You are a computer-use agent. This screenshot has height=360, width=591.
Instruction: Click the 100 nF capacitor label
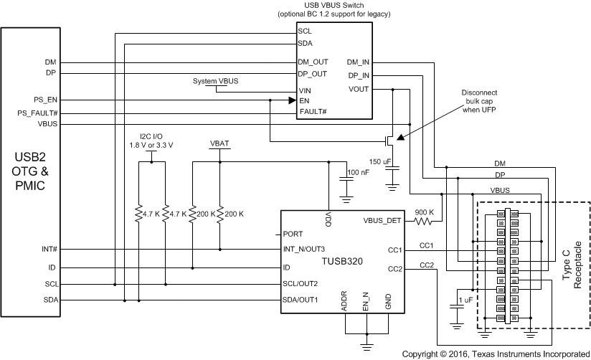[x=359, y=173]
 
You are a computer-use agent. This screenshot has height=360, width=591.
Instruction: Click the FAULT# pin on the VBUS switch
[x=313, y=112]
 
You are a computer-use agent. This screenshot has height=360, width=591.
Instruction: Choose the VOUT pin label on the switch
[x=359, y=89]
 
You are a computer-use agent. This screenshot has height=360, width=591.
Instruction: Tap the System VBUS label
[x=216, y=82]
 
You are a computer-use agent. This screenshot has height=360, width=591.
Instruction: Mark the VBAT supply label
[x=219, y=143]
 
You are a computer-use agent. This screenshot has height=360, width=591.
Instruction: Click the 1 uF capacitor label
[x=464, y=298]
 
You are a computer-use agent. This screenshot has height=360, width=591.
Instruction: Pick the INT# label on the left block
[x=50, y=250]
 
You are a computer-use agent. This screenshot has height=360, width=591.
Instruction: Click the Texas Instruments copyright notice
[x=496, y=354]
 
